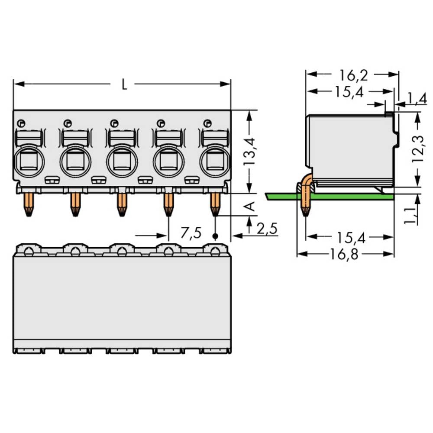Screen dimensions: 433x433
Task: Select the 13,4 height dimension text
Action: point(249,152)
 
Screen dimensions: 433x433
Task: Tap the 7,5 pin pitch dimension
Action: point(191,234)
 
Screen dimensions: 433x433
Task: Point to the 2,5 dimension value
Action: point(267,228)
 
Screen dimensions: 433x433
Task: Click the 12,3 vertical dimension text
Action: point(417,149)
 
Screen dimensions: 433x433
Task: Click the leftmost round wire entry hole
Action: point(29,162)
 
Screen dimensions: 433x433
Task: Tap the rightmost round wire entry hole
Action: point(215,162)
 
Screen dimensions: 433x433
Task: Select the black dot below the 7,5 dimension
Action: point(215,236)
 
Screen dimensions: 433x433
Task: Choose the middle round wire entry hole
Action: point(122,162)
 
